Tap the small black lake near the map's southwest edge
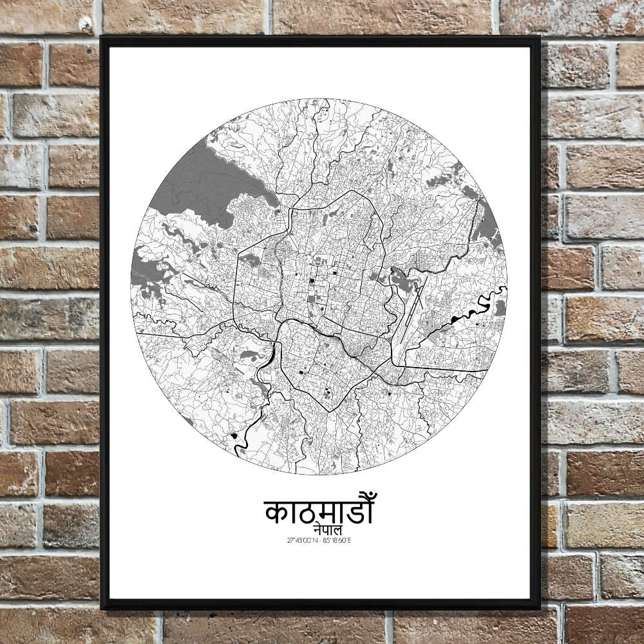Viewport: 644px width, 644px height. [x=233, y=438]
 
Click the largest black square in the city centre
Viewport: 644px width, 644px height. [x=311, y=281]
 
